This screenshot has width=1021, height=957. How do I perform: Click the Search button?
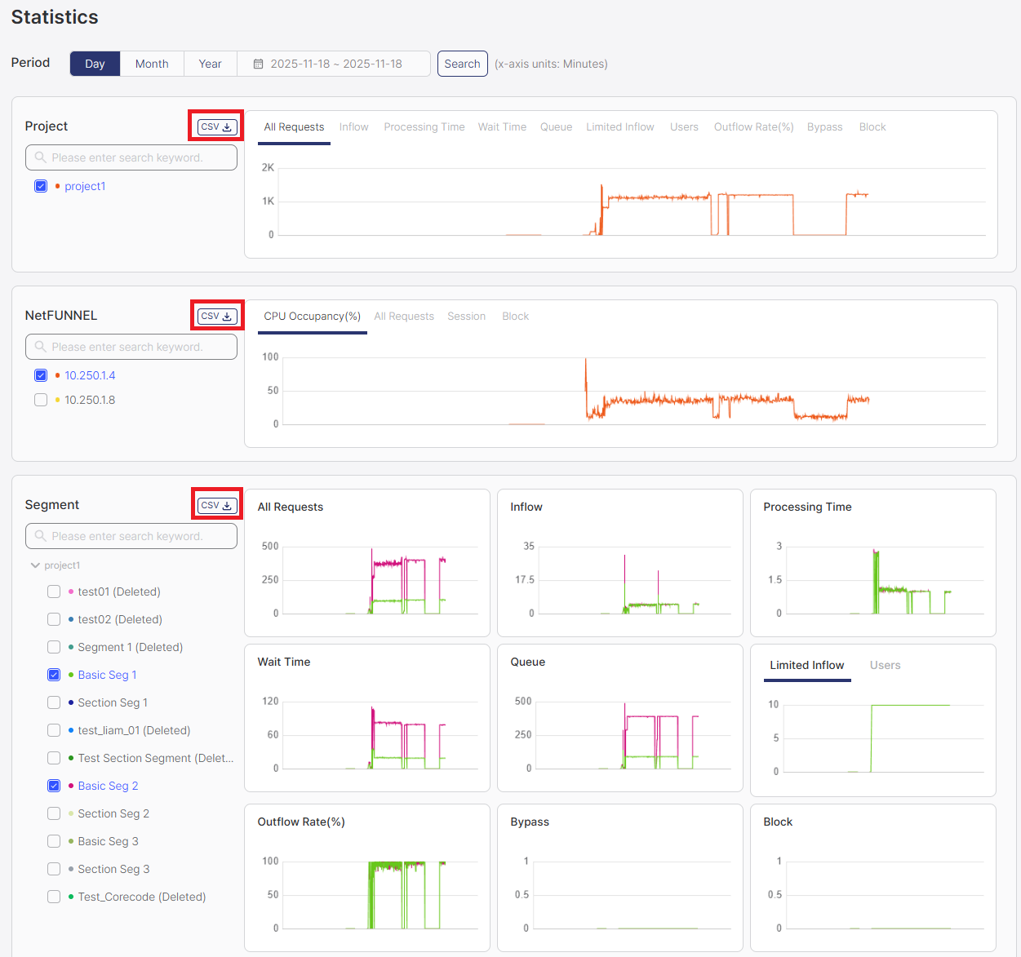[462, 64]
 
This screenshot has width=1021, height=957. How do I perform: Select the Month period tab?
[152, 64]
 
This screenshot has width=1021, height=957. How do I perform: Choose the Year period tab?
[210, 64]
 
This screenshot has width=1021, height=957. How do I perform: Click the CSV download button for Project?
[217, 127]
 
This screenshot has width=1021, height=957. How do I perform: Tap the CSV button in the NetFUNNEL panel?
[217, 317]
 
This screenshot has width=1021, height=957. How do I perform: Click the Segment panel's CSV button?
[217, 506]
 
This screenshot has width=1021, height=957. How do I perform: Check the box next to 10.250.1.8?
[41, 400]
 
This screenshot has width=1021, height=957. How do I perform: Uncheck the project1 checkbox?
[41, 186]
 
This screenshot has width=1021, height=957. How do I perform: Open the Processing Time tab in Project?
[424, 127]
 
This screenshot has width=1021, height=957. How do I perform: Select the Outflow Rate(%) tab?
[753, 127]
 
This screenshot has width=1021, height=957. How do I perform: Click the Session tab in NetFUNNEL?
[466, 317]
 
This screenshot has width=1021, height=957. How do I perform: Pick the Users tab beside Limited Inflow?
[885, 666]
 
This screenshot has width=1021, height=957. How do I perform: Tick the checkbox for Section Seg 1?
[54, 702]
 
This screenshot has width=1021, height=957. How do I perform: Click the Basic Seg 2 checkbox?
[54, 786]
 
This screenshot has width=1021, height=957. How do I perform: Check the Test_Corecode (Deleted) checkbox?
[54, 897]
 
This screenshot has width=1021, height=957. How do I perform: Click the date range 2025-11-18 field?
[335, 64]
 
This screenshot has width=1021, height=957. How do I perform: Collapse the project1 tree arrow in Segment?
[35, 565]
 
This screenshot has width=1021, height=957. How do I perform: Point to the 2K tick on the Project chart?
[268, 168]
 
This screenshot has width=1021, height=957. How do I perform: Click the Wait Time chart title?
[284, 662]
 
